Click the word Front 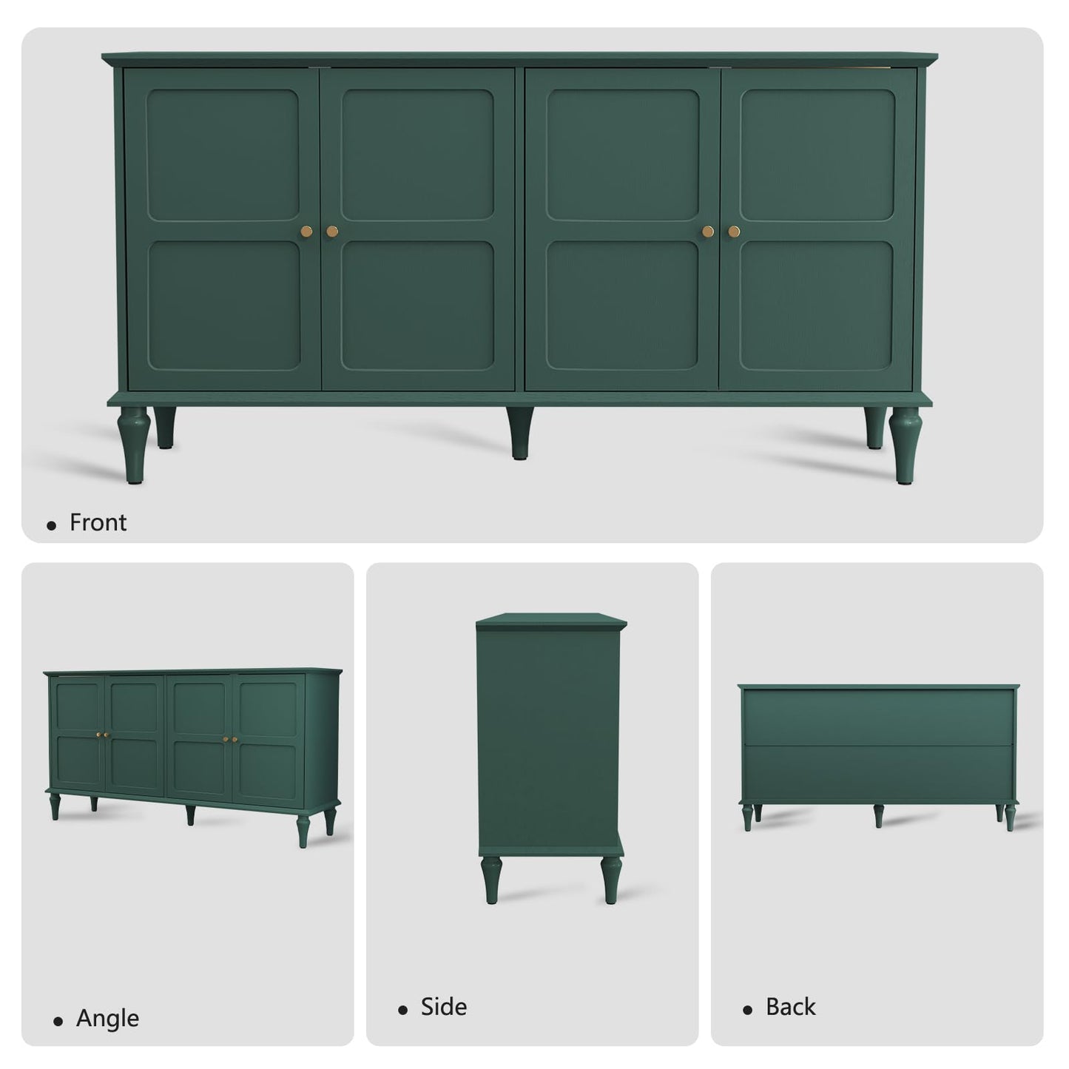coord(98,523)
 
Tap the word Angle coord(107,1018)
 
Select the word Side coord(443,1007)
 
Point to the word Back coord(790,1007)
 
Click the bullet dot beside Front coord(51,525)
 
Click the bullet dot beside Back coord(748,1010)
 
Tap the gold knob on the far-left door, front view coord(307,232)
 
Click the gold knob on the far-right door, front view coord(734,232)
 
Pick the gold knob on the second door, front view coord(331,232)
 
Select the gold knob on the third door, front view coord(708,232)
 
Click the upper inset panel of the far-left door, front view coord(223,155)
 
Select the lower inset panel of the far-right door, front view coord(816,305)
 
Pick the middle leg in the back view coord(878,815)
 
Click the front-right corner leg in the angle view coord(303,829)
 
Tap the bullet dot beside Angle coord(58,1021)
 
